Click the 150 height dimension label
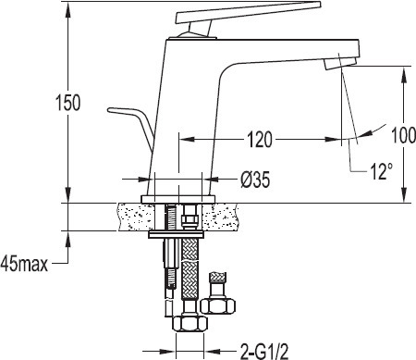pos(67,103)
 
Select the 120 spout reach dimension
pos(260,140)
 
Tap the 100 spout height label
pos(403,135)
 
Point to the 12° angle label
pos(381,171)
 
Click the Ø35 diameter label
pos(255,180)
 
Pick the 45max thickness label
pos(24,264)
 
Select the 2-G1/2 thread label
pos(264,351)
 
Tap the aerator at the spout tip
pos(340,64)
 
